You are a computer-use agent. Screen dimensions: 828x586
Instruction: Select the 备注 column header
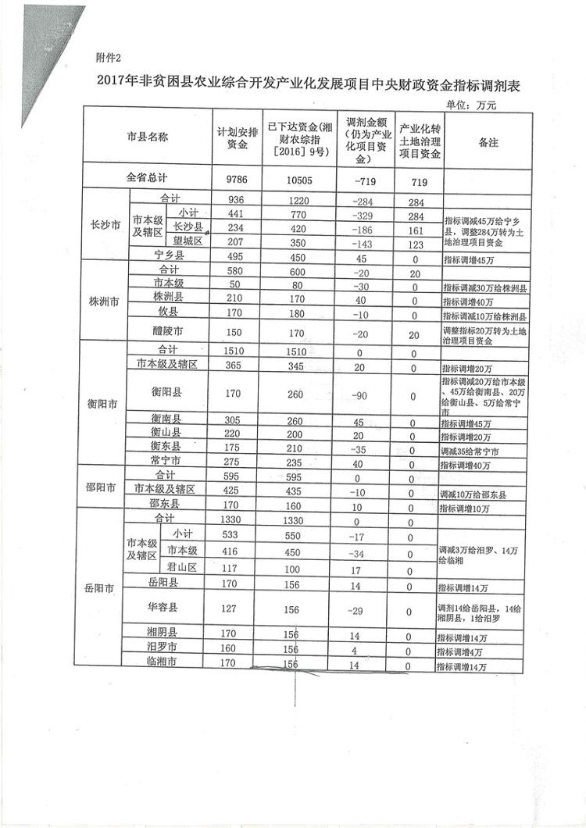click(488, 143)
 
